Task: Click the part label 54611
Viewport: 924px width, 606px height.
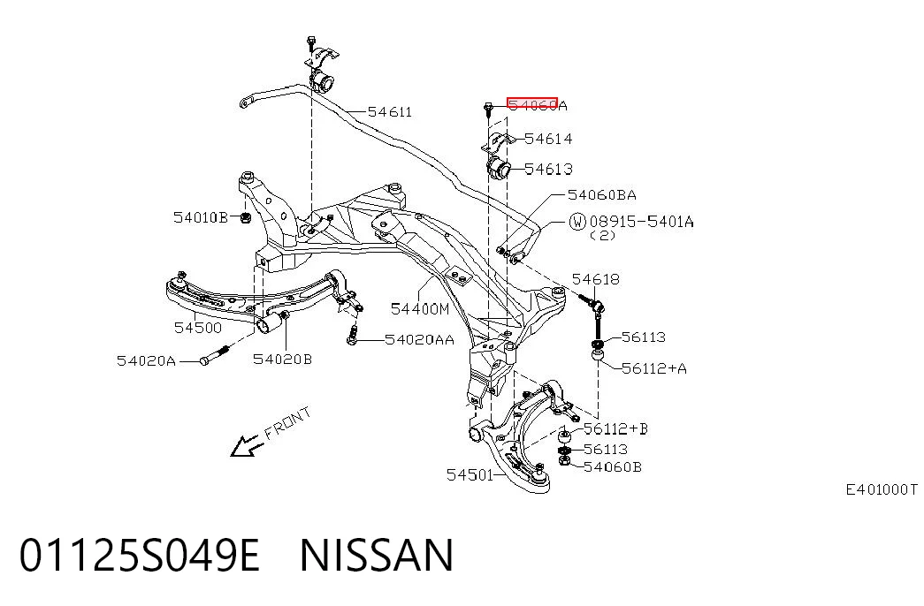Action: (390, 112)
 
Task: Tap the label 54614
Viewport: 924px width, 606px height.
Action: (548, 139)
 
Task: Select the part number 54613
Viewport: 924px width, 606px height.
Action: (548, 169)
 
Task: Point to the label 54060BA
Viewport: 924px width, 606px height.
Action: (601, 195)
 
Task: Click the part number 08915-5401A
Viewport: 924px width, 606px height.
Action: (641, 222)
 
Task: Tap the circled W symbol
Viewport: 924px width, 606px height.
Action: (577, 222)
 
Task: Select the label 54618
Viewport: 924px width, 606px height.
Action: (596, 279)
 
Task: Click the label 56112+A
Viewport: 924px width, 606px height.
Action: (654, 368)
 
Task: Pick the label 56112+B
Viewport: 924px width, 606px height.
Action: (615, 428)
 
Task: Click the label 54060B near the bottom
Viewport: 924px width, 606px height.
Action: (612, 467)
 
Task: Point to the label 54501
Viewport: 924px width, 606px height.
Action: (470, 474)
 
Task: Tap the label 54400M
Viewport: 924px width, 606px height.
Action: (420, 308)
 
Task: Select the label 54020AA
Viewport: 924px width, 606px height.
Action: (419, 340)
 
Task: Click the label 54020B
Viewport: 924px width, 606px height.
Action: (282, 360)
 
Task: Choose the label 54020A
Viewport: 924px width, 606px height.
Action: (146, 361)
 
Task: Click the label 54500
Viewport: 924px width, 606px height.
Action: (198, 328)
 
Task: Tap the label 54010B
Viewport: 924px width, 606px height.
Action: (201, 218)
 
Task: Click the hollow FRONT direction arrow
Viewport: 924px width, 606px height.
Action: (246, 446)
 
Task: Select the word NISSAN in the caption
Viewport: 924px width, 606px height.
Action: (378, 556)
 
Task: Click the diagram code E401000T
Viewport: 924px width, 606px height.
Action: (882, 489)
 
